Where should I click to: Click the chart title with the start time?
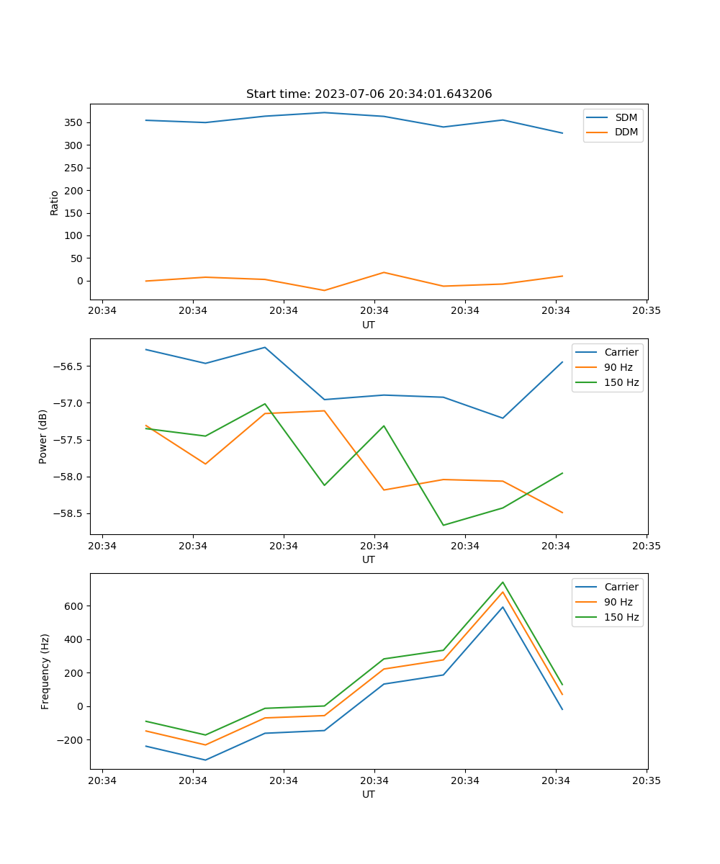pyautogui.click(x=369, y=94)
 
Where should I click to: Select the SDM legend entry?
pyautogui.click(x=626, y=117)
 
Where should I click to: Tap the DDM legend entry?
pyautogui.click(x=626, y=132)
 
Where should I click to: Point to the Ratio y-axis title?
pyautogui.click(x=55, y=202)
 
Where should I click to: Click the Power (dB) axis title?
pyautogui.click(x=43, y=436)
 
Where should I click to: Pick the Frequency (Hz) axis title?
pyautogui.click(x=45, y=671)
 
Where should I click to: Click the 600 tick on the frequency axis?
pyautogui.click(x=75, y=606)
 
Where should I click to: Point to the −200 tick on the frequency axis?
pyautogui.click(x=71, y=739)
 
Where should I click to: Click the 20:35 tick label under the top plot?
pyautogui.click(x=647, y=311)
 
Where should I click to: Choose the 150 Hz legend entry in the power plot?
pyautogui.click(x=621, y=382)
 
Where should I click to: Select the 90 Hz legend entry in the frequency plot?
pyautogui.click(x=618, y=602)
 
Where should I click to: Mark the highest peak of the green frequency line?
pyautogui.click(x=503, y=582)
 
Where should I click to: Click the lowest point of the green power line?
pyautogui.click(x=444, y=525)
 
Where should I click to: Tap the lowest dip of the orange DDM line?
pyautogui.click(x=324, y=290)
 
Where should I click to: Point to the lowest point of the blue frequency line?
pyautogui.click(x=205, y=760)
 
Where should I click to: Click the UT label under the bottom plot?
pyautogui.click(x=369, y=794)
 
